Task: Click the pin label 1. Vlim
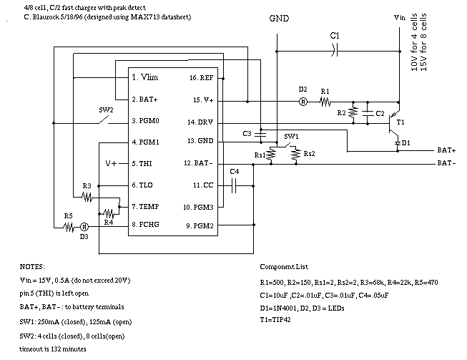144,77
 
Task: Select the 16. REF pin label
202,78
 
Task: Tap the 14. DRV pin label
200,122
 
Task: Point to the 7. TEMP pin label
145,207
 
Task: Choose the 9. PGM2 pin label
200,226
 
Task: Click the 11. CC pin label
203,185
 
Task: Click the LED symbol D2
303,102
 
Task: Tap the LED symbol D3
84,227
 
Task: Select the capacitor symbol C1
335,50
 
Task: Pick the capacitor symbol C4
234,185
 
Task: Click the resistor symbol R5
69,228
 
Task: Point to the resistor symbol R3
87,197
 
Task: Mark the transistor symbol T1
394,122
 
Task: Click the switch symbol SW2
104,120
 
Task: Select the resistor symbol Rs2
296,155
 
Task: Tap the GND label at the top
279,19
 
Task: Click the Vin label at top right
399,18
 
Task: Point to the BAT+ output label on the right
446,150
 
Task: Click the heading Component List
284,267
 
